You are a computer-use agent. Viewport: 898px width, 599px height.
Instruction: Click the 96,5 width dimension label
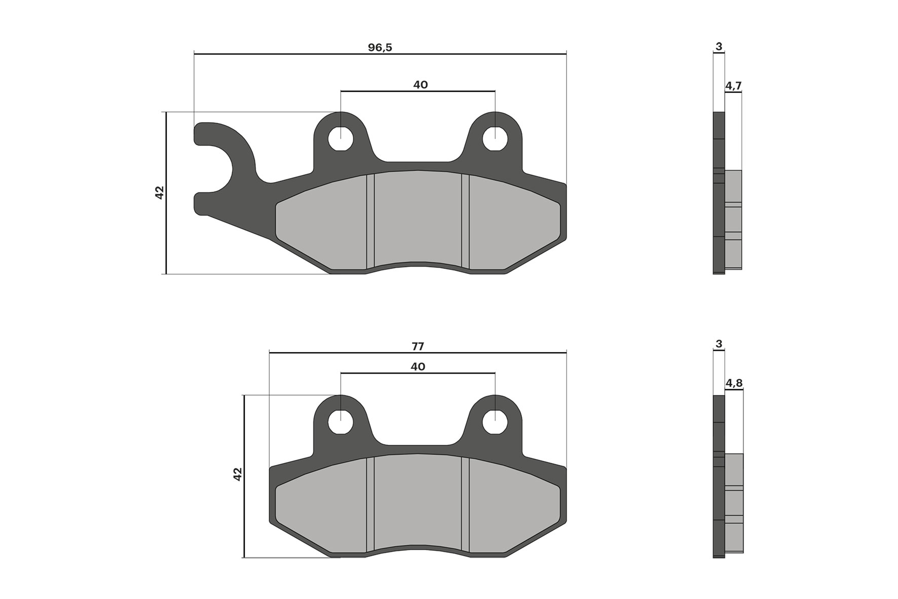click(380, 48)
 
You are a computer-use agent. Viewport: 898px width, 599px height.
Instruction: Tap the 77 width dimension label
click(418, 347)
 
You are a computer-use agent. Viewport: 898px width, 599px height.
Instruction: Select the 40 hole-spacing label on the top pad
click(420, 85)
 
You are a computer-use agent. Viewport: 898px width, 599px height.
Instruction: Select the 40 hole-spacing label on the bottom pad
click(418, 366)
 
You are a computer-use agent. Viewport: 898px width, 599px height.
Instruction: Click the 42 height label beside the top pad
click(160, 193)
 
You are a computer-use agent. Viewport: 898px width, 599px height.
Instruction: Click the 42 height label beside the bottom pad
click(238, 474)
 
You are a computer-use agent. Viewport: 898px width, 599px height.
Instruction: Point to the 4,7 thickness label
click(733, 86)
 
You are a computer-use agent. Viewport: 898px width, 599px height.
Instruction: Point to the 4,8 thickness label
click(734, 383)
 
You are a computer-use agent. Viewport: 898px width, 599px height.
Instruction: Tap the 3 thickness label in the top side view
click(719, 47)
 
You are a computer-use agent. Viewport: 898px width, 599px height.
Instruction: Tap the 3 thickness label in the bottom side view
click(719, 344)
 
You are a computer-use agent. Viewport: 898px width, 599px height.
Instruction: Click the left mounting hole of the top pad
click(341, 138)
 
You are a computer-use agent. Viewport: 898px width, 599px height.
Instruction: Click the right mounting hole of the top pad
click(495, 138)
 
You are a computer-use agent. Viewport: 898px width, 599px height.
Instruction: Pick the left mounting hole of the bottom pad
click(341, 422)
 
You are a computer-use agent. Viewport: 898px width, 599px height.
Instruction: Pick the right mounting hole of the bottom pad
click(495, 422)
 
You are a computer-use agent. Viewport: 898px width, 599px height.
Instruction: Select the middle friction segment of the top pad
click(418, 218)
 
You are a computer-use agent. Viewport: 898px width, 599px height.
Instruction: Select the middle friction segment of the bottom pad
click(418, 502)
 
